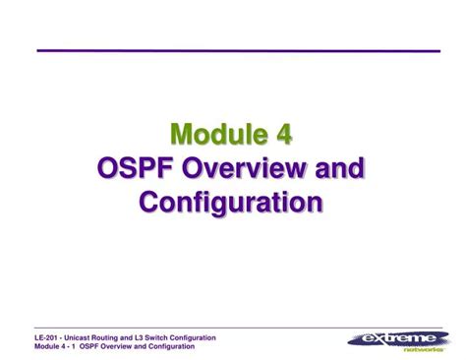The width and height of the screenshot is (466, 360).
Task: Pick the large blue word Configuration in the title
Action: point(231,202)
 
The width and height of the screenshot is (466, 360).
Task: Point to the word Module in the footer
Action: point(49,347)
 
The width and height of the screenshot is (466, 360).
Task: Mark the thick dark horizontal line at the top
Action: point(238,49)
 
